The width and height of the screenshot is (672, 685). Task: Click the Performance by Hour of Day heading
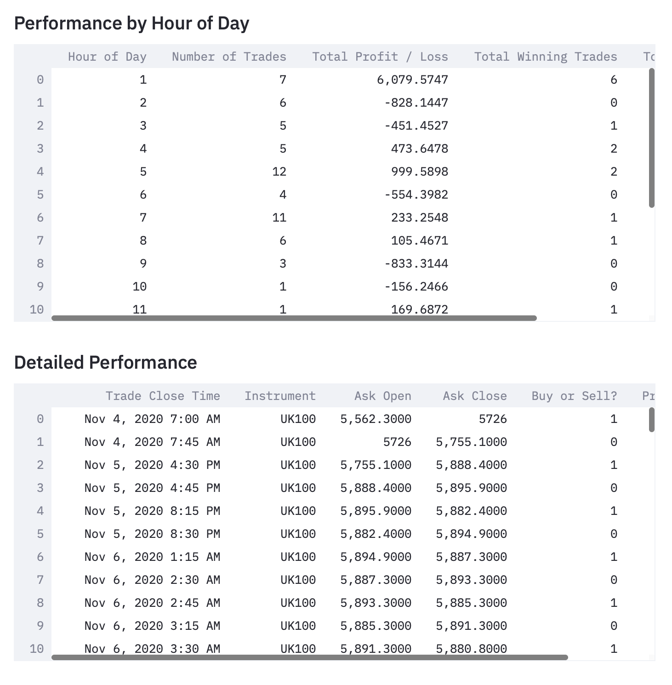point(131,23)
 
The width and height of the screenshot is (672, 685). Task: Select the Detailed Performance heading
point(105,362)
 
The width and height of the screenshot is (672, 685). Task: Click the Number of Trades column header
point(228,57)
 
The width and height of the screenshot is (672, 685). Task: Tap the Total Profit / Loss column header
point(380,57)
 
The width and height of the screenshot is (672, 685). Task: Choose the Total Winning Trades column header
point(545,57)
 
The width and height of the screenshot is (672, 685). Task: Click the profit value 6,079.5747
point(412,80)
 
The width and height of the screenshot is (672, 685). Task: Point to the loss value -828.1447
point(416,103)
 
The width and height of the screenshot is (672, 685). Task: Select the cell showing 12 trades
point(279,172)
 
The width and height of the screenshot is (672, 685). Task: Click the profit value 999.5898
point(419,172)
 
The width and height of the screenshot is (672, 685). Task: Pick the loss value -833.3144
point(416,264)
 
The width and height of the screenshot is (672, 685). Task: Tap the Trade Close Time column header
point(163,396)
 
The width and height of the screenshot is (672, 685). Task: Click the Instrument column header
point(280,396)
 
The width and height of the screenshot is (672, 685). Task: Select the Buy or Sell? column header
point(574,396)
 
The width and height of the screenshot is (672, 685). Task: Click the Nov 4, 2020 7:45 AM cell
point(152,442)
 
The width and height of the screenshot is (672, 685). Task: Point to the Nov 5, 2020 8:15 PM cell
point(152,511)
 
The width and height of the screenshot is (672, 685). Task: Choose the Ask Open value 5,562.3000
point(376,419)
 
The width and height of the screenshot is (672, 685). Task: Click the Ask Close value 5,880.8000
point(471,649)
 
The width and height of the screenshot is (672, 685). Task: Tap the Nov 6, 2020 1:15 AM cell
point(152,557)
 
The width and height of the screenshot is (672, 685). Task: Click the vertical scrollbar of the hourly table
point(651,138)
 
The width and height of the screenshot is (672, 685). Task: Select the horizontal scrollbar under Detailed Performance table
point(309,657)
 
